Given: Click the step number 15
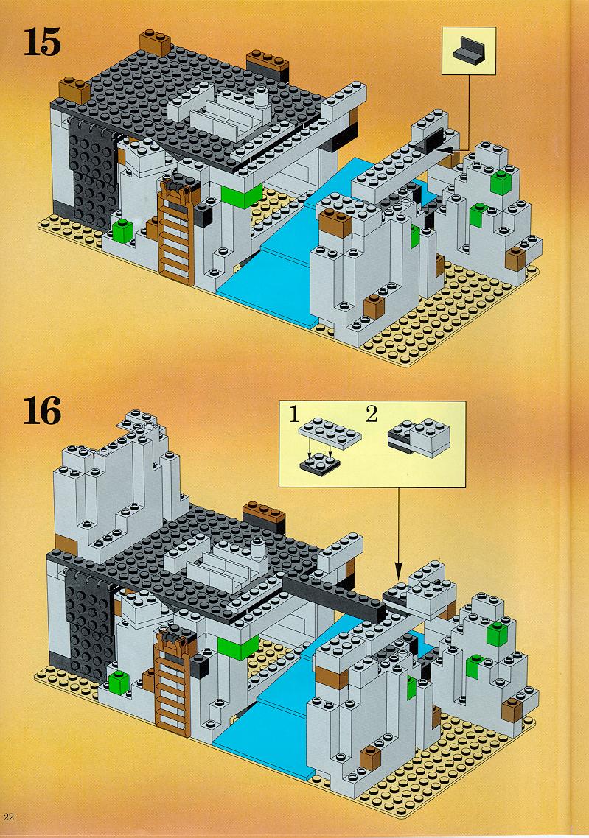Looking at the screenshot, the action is tap(42, 43).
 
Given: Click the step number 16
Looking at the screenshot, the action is tap(43, 412).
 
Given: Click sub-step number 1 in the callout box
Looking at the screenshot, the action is tap(293, 414).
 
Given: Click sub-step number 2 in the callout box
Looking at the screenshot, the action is tap(372, 414).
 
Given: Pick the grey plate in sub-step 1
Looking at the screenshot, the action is tap(330, 431).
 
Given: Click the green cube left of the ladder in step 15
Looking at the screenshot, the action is tap(122, 230).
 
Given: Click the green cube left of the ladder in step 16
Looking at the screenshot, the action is tap(119, 683).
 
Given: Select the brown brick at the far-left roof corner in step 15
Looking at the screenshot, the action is tap(74, 91).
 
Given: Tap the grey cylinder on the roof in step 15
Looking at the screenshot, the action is tap(261, 97).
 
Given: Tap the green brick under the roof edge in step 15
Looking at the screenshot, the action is tap(242, 196).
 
